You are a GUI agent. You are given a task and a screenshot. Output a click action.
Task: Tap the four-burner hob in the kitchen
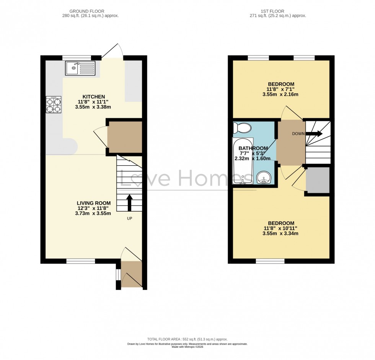point(54,104)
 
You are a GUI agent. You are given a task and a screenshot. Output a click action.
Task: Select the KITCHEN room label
point(93,96)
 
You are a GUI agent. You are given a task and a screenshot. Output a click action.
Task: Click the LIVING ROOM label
point(94,203)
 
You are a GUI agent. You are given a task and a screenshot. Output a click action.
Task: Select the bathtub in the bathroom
point(243,161)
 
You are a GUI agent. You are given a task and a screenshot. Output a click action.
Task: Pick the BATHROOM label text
point(253,148)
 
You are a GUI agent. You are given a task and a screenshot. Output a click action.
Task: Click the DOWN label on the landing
point(298,134)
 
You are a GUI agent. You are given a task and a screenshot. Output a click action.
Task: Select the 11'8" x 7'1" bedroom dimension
point(281,89)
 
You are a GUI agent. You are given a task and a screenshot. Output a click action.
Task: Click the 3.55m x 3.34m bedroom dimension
point(281,233)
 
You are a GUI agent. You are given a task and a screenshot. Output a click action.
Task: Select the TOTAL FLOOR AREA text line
point(187,339)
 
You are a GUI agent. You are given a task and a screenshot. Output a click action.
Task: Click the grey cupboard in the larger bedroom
point(318,180)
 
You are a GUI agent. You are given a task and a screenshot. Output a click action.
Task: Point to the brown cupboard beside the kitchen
point(124,137)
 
